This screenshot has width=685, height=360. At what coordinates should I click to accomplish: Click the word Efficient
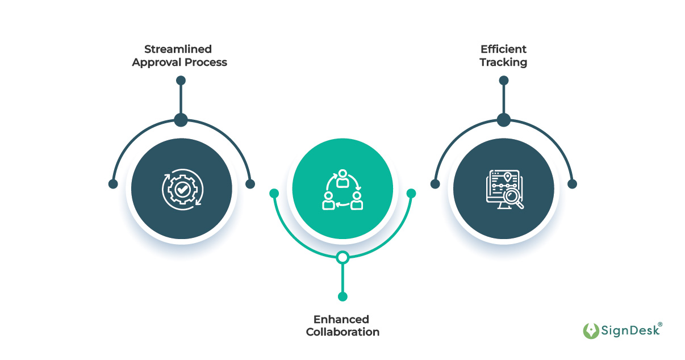coord(503,49)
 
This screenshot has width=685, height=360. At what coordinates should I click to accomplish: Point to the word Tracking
coord(503,62)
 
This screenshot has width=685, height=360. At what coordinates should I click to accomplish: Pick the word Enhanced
coord(341,319)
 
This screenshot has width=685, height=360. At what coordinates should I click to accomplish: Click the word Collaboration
coord(342,332)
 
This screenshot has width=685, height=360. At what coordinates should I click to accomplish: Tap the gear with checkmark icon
coord(181,190)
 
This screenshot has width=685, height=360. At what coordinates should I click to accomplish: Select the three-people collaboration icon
coord(342,189)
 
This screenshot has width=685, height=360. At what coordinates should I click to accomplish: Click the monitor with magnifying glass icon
coord(504,189)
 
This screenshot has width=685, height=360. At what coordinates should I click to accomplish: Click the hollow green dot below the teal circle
coord(342,258)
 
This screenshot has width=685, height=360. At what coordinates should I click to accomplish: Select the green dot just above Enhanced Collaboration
coord(342,296)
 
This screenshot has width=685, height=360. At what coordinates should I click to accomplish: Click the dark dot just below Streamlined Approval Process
coord(181,81)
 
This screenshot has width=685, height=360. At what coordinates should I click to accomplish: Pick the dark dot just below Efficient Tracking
coord(504,81)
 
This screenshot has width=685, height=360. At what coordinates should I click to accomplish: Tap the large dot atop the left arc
coord(181,120)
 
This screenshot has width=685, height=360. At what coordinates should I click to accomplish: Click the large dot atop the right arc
coord(504,120)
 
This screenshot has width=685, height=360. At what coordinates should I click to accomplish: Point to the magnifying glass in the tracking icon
coord(515,199)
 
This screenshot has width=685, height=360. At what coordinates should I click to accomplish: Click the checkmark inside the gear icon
coord(182,190)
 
